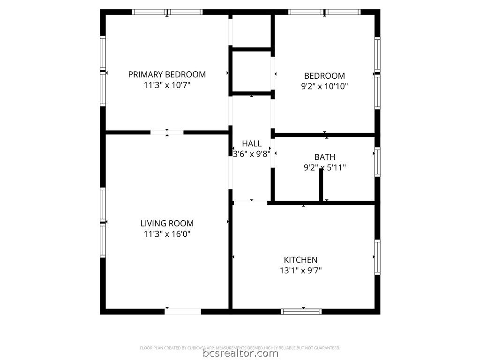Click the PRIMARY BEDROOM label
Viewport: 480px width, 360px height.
167,75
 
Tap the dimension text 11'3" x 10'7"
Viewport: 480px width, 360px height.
167,85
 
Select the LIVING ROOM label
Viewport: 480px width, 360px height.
167,224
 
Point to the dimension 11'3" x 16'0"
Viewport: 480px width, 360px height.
167,234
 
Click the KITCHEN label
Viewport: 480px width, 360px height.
300,260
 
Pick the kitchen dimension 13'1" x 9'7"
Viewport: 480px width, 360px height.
300,270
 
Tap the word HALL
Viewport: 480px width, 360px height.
252,143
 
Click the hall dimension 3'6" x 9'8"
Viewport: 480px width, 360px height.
252,154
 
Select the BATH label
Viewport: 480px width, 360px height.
325,157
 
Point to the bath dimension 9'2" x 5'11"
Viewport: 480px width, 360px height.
325,167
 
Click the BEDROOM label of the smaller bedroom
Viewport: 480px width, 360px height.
324,75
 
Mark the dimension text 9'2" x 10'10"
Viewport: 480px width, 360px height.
324,86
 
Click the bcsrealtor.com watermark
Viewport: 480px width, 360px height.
240,353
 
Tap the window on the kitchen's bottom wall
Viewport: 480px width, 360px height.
301,312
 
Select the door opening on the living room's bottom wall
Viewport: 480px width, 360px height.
183,312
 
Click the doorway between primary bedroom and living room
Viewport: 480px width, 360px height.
167,133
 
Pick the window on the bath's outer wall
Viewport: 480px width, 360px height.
377,162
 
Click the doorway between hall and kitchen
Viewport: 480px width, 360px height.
250,202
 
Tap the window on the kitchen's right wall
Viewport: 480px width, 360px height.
377,257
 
